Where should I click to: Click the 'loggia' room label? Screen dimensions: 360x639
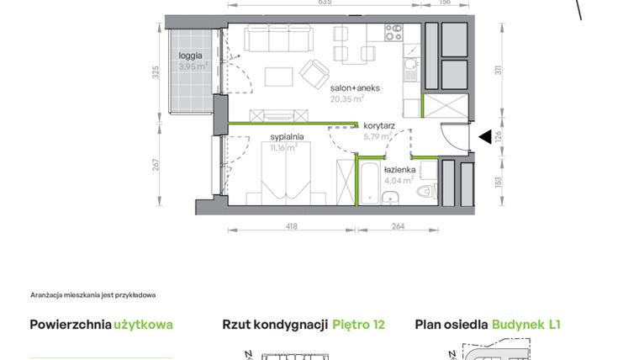click(190, 56)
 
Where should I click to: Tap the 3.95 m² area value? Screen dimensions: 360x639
click(193, 65)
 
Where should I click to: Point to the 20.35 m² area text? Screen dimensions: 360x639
click(347, 98)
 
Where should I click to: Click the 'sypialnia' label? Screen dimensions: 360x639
click(287, 136)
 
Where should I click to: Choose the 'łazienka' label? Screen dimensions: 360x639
click(400, 169)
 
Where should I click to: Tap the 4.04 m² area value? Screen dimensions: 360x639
click(399, 179)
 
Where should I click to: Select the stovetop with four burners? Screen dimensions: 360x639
click(394, 33)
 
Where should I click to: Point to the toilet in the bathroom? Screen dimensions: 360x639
click(430, 192)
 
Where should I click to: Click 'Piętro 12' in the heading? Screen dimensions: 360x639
click(358, 324)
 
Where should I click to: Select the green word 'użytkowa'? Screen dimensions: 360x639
click(144, 324)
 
